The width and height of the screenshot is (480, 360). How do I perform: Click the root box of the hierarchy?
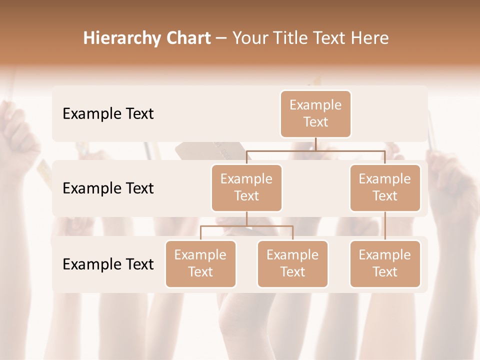click(315, 113)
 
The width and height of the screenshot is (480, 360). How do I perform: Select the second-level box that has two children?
click(246, 187)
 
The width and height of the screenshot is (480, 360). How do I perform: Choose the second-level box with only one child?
click(385, 187)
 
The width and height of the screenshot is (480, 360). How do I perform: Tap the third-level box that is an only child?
click(385, 263)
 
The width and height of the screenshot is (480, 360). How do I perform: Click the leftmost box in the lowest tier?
click(200, 263)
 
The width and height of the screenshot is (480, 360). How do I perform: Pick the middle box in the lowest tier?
click(292, 263)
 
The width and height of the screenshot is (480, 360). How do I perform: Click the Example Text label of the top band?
click(108, 113)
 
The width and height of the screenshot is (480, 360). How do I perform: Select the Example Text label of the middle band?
click(108, 188)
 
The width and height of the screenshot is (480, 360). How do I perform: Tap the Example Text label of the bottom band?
click(108, 264)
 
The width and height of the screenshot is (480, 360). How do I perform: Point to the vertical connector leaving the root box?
click(315, 144)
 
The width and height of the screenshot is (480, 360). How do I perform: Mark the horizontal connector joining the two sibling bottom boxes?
click(246, 226)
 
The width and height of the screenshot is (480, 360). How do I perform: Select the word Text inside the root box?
click(315, 122)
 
